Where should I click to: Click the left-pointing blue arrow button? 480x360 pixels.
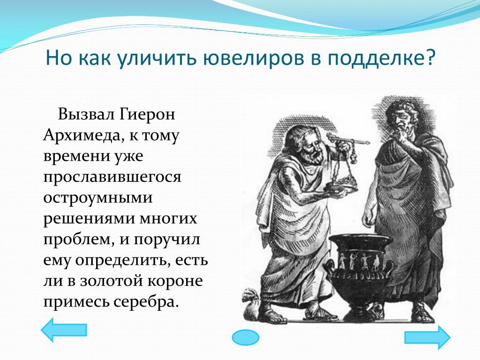pos(64,330)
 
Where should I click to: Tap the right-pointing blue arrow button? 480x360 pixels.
pos(427,337)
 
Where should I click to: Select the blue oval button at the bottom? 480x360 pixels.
pos(246,337)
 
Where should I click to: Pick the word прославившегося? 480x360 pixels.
pos(112,177)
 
